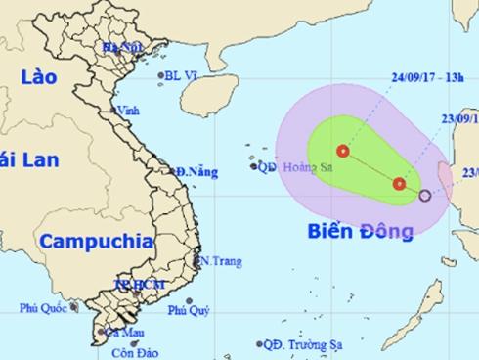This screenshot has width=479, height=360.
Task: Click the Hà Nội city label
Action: pos(118,47)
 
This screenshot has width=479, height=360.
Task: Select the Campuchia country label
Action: pos(94,239)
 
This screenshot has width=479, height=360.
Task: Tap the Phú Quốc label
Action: pos(40,309)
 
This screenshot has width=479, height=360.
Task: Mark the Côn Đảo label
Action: pos(129,352)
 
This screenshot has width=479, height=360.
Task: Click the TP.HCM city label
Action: pos(134,284)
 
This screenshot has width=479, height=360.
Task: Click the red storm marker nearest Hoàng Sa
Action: pos(343,151)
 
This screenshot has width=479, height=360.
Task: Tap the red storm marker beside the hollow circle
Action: pos(399,184)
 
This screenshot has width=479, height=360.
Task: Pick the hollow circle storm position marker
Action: pos(424,196)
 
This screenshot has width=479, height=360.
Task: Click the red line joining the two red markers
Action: pos(371,167)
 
